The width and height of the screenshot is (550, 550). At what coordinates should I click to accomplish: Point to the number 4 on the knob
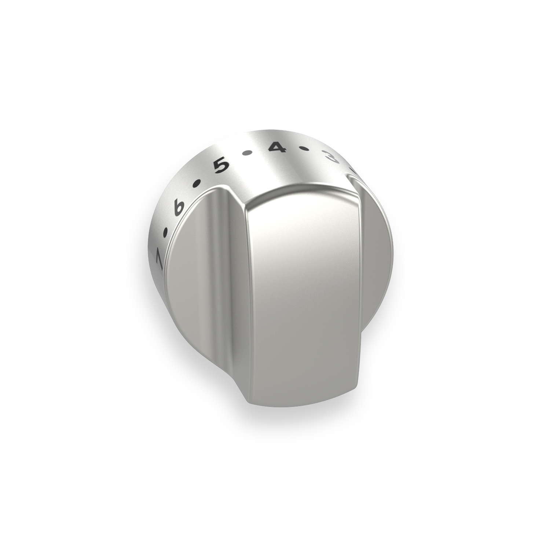pos(275,148)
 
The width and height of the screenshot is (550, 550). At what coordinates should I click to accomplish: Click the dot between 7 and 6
pos(166,232)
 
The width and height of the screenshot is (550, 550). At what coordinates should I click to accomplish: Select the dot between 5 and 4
pos(248,153)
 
